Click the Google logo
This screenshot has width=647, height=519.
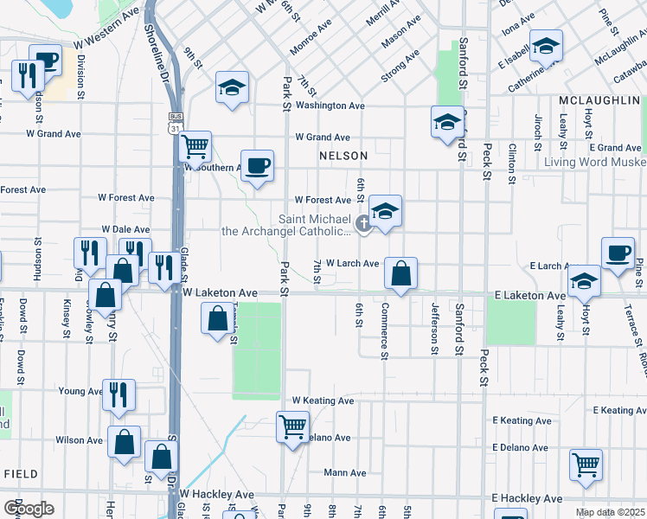pos(29,509)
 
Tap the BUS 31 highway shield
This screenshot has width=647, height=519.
pos(176,122)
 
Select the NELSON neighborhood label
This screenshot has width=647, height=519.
pos(343,156)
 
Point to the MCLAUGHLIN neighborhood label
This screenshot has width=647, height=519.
pos(598,101)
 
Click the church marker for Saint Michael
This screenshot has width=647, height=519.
pos(363,226)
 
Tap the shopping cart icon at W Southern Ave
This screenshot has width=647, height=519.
pos(196,145)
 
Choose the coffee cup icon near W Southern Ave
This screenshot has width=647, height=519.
pos(258,165)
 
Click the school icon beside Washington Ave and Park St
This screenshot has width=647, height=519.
pos(231,88)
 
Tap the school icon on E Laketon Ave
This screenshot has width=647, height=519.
pos(585,280)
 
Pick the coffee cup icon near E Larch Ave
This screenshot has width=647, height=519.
pos(618,253)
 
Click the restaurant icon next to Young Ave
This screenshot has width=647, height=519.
pos(119,394)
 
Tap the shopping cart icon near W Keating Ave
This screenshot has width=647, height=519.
pos(292,426)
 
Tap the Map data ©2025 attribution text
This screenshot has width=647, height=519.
pos(610,512)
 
